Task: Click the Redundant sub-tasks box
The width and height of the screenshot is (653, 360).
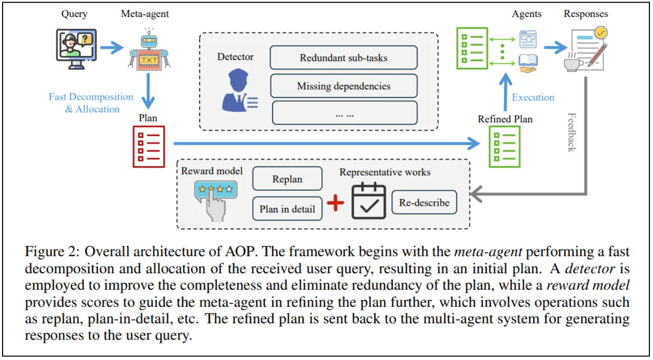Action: pos(344,57)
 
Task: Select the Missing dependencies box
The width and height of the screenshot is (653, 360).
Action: pos(344,86)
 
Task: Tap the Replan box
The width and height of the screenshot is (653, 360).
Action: pos(287,179)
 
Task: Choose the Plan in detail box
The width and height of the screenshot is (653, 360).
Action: pos(287,209)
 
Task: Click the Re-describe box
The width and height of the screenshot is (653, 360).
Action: pos(424,202)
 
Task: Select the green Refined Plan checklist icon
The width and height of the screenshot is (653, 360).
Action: pos(504,146)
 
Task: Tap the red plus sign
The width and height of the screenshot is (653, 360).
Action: pos(336,203)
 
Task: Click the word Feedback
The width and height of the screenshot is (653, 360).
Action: pos(571,132)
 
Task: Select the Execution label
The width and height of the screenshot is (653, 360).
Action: pos(533,97)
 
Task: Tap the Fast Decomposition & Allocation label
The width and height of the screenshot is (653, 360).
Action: pos(91,103)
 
